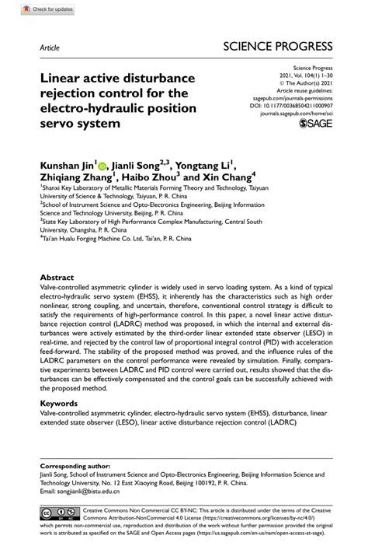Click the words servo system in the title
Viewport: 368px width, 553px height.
82,123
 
